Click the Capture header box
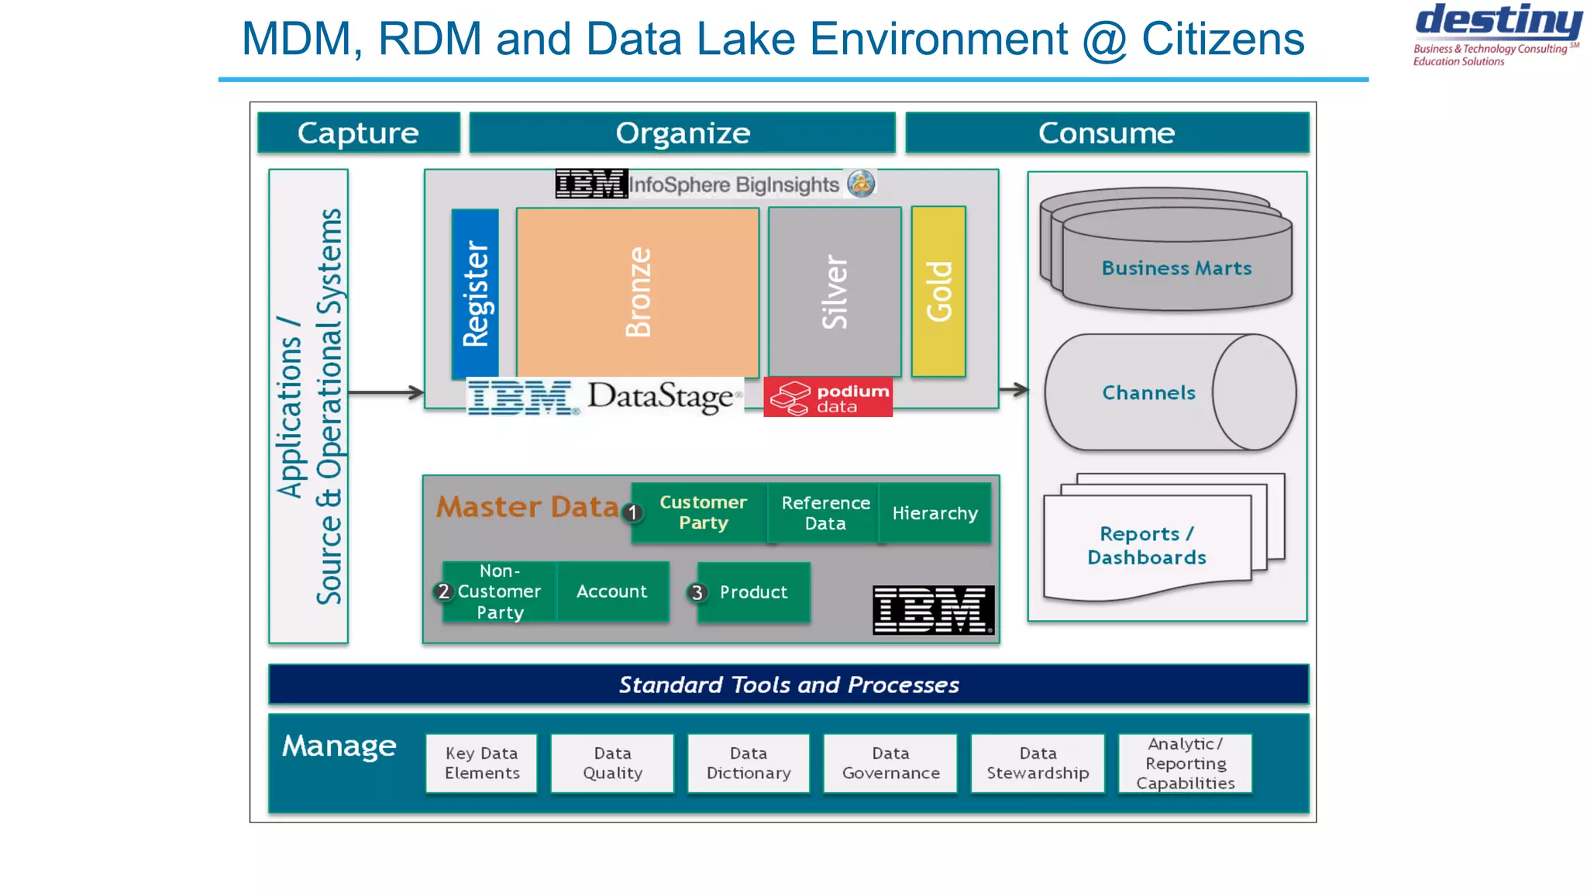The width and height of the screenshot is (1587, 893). click(x=358, y=133)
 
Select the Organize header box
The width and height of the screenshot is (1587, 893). click(x=682, y=133)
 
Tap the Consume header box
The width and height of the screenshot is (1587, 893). click(x=1107, y=133)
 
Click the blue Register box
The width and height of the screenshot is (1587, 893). click(x=475, y=293)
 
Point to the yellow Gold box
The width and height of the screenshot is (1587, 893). click(x=938, y=291)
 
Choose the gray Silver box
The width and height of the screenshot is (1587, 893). click(x=835, y=291)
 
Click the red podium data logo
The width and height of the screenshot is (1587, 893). click(x=828, y=398)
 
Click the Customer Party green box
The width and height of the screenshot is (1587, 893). click(x=702, y=512)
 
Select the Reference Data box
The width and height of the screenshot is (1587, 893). click(x=824, y=512)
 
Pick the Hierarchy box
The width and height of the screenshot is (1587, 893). click(x=935, y=512)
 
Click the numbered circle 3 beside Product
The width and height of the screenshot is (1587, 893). click(x=697, y=593)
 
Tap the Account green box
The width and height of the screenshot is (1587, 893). click(x=611, y=591)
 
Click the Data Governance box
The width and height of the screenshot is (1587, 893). click(x=890, y=764)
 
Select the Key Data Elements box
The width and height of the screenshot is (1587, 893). click(x=481, y=764)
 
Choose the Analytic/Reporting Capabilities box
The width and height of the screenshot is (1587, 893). click(x=1185, y=764)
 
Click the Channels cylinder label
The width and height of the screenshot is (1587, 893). click(x=1148, y=393)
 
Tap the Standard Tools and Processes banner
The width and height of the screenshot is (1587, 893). click(x=788, y=684)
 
